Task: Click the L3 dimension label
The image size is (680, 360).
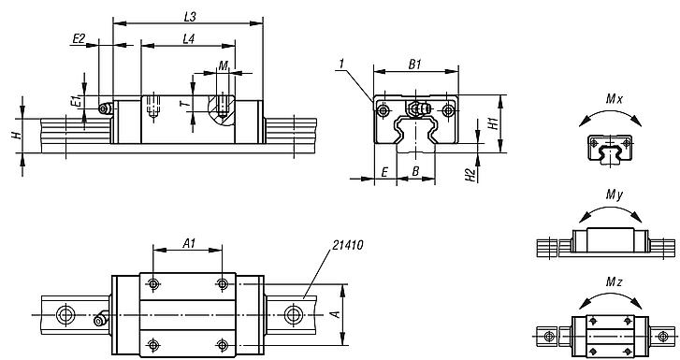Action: (190, 16)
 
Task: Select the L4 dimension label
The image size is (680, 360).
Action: (188, 38)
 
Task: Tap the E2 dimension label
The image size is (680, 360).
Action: (80, 38)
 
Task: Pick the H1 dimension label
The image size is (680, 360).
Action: (493, 124)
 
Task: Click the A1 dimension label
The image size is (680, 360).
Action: (188, 242)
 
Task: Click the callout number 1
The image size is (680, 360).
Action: (343, 63)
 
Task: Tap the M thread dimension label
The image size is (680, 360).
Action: (222, 65)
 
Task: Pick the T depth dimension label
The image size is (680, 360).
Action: (182, 104)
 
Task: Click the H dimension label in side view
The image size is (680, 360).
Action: (16, 136)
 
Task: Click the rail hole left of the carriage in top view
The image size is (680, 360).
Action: (66, 311)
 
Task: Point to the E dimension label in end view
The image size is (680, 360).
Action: (384, 173)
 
